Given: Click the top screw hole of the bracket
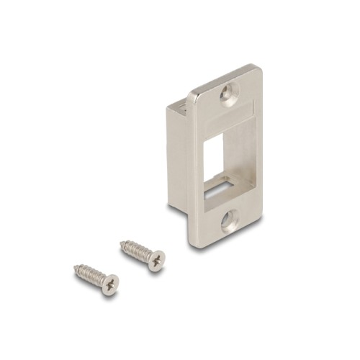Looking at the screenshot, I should pos(230,93).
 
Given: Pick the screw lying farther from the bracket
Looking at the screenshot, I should pos(96,279).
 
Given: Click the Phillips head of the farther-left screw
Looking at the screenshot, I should pos(109,284).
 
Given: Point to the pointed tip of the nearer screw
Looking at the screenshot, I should pos(121,243).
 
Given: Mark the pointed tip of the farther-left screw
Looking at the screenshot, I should pos(75,269).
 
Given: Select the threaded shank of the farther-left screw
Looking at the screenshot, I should pos(89,275).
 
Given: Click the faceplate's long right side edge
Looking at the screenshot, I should pos(259,151).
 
